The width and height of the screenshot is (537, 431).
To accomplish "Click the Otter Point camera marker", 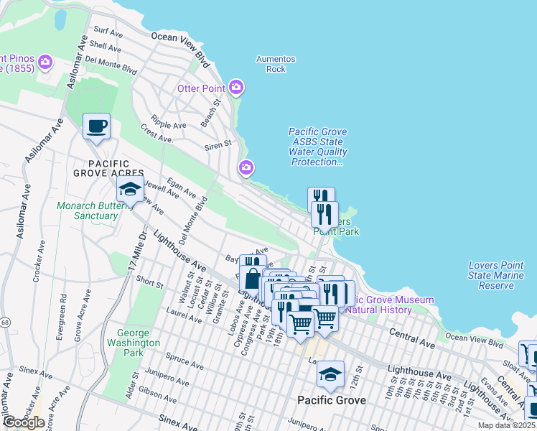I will pos(236,88).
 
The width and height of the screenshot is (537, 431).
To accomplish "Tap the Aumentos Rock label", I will pos(276,64).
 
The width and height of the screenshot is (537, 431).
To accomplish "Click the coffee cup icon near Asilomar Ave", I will pos(96,127).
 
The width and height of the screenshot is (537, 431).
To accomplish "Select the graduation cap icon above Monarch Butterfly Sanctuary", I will pos(130,190).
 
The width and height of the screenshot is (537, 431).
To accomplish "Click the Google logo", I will pos(23,422).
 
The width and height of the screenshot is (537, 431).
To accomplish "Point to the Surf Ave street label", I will pos(108,32).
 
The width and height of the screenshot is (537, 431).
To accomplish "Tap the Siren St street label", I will pos(218,144).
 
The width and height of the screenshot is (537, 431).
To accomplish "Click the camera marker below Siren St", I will pos(246,168).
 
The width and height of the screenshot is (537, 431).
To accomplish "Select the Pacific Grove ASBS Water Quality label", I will pos(317,147).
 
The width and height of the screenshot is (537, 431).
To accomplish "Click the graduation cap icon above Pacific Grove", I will pos(330,374).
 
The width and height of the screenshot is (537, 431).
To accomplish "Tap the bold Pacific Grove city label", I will pos(332,400).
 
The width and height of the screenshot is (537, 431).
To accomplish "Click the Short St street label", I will pos(149,283).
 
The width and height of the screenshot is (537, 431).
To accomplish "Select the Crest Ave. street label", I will pos(158,134).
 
